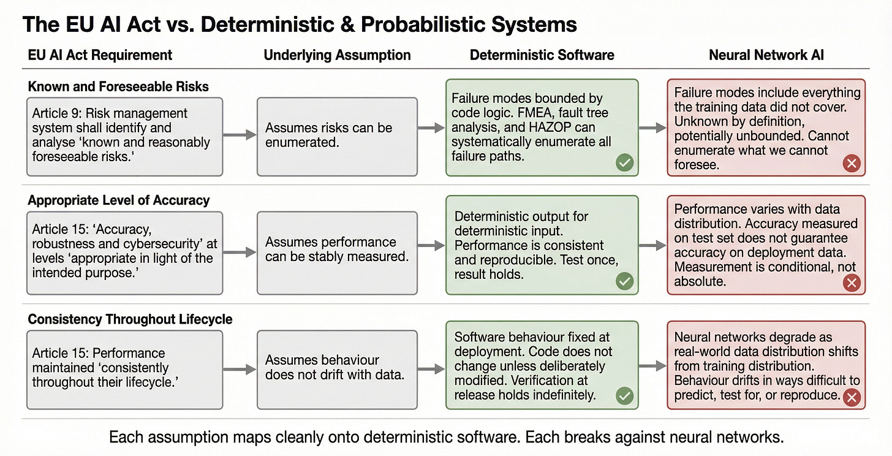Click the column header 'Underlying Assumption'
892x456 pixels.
[337, 55]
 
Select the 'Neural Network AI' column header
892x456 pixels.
[766, 55]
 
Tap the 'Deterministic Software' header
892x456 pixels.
[542, 55]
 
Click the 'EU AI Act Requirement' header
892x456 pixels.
[100, 55]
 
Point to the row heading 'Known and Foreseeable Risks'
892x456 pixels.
[118, 86]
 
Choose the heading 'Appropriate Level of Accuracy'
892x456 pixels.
[119, 200]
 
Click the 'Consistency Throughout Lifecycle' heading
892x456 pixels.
[130, 319]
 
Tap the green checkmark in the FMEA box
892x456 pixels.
[624, 162]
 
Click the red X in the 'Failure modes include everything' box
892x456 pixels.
[852, 163]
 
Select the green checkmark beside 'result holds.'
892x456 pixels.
[624, 281]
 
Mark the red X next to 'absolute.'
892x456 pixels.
[852, 283]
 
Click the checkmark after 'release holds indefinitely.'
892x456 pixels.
[624, 396]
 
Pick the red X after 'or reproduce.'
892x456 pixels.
[852, 397]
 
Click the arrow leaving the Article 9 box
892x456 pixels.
[240, 135]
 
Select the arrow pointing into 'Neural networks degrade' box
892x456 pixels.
[652, 365]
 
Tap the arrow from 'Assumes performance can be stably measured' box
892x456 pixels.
[431, 246]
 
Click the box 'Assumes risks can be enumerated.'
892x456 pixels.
[338, 137]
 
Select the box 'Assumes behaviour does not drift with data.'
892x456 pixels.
[338, 370]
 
